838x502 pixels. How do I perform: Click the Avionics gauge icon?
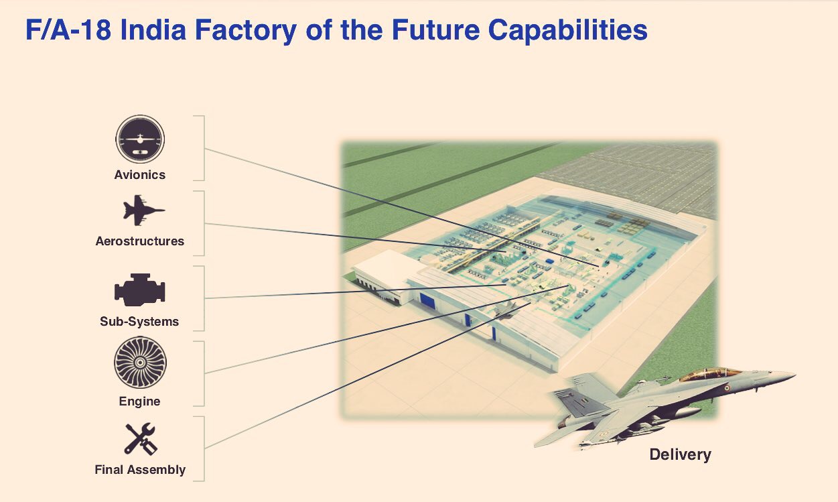pos(140,139)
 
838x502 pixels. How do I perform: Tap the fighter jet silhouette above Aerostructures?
pos(143,210)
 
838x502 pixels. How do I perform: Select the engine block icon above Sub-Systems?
pos(139,290)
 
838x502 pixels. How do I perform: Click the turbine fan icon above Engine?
pos(140,362)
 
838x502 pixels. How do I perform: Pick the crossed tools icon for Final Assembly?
pos(141,439)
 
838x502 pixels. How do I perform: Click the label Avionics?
pos(140,175)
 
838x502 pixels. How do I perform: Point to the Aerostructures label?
pos(140,241)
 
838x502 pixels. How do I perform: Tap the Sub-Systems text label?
pos(139,322)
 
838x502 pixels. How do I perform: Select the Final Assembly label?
pos(140,469)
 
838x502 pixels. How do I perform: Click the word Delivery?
pos(680,454)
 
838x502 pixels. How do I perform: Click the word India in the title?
pos(153,30)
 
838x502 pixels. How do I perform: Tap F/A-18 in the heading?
pos(68,30)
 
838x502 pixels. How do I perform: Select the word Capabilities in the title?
pos(567,31)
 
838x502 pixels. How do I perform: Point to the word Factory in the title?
pos(246,31)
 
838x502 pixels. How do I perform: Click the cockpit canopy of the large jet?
pos(709,375)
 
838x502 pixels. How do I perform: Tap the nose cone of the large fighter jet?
pos(782,375)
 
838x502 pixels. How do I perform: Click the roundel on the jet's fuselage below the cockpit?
pos(727,388)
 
